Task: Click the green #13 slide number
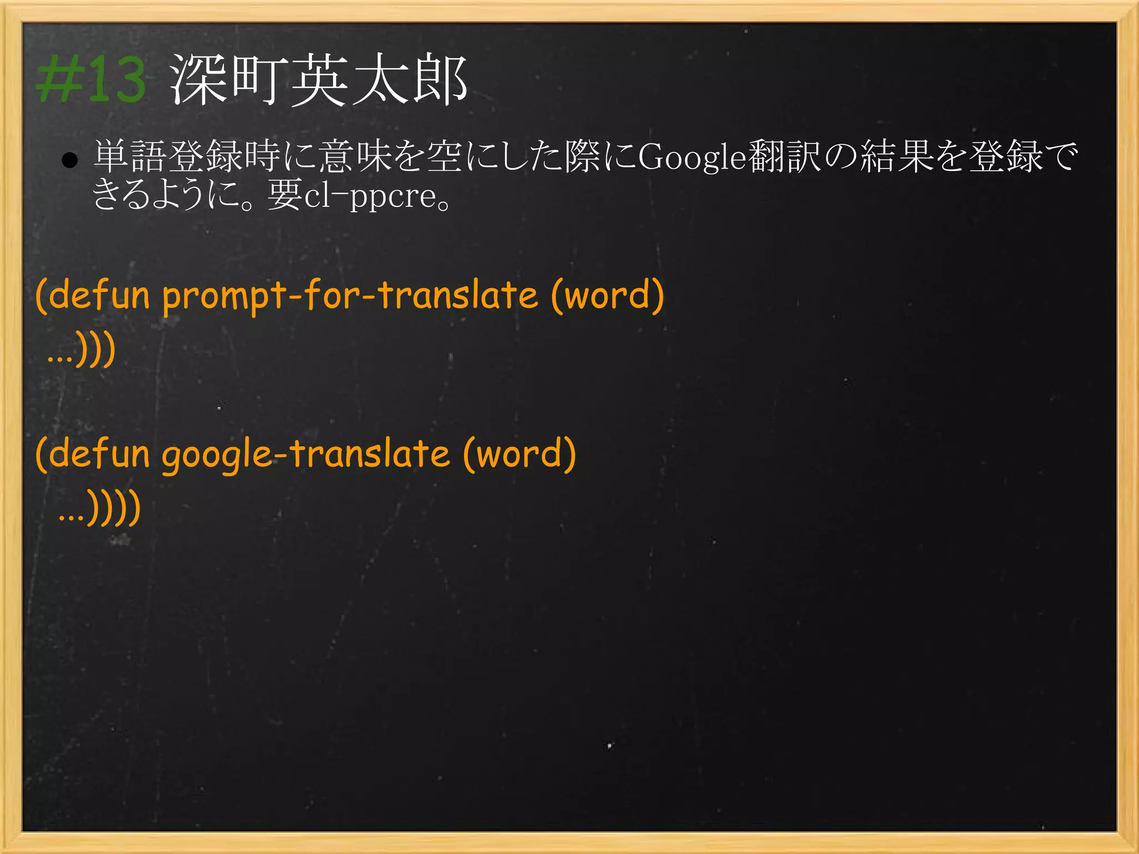[x=91, y=80]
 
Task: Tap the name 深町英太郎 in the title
[x=318, y=80]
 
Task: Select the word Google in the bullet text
[x=692, y=158]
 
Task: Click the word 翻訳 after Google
[x=784, y=157]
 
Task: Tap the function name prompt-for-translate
[x=350, y=295]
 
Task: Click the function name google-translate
[x=305, y=454]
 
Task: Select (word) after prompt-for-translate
[x=607, y=295]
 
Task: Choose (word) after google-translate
[x=519, y=454]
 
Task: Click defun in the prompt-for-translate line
[x=99, y=295]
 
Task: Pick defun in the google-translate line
[x=99, y=454]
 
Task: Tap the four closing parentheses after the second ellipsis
[x=115, y=508]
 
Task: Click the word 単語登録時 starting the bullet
[x=187, y=157]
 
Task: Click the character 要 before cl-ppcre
[x=285, y=195]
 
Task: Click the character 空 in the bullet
[x=445, y=157]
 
